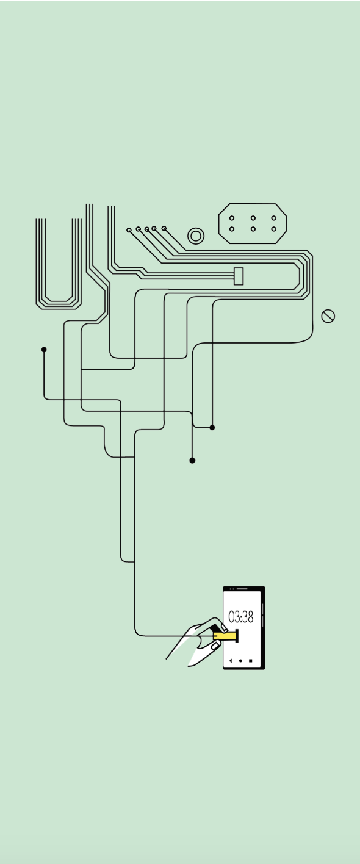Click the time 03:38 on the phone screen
(x=241, y=617)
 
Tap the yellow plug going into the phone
(x=226, y=635)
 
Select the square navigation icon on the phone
(x=250, y=661)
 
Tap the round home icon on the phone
(x=240, y=661)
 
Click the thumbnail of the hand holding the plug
(x=217, y=644)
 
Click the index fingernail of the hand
(x=224, y=627)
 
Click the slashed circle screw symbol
(x=328, y=316)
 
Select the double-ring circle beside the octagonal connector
(x=196, y=236)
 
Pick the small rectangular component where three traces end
(x=239, y=276)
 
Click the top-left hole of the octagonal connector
(x=232, y=218)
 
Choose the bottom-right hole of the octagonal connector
(x=273, y=229)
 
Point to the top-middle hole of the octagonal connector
(x=253, y=218)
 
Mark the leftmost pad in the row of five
(x=129, y=230)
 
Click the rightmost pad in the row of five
(x=164, y=228)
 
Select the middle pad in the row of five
(x=147, y=229)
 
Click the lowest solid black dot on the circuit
(x=192, y=460)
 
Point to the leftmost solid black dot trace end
(x=44, y=350)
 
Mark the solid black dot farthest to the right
(x=212, y=427)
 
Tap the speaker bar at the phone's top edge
(x=242, y=589)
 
